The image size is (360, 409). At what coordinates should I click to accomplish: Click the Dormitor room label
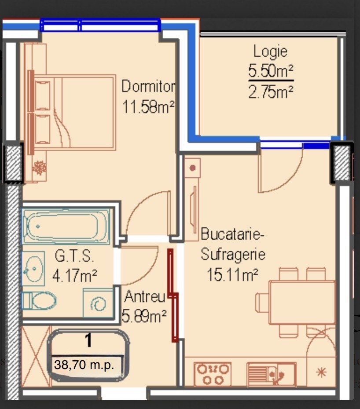[x=148, y=86]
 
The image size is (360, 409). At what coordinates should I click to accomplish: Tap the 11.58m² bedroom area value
[x=148, y=106]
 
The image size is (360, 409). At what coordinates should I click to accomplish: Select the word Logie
[x=271, y=51]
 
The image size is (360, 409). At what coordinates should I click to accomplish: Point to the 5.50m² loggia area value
[x=271, y=71]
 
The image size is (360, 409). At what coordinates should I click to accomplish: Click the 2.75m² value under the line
[x=271, y=92]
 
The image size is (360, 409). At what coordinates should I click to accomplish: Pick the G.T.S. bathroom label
[x=74, y=256]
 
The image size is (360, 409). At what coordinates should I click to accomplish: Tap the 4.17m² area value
[x=75, y=276]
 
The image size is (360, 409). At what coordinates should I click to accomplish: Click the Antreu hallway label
[x=145, y=296]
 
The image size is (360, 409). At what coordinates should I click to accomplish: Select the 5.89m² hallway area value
[x=144, y=316]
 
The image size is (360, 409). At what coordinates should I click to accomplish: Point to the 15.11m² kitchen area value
[x=232, y=274]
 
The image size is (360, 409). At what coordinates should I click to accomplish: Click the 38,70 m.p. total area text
[x=84, y=365]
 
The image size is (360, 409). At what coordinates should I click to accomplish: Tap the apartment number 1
[x=89, y=340]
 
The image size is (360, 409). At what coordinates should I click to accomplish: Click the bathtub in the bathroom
[x=66, y=226]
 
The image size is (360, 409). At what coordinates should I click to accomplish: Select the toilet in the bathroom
[x=39, y=300]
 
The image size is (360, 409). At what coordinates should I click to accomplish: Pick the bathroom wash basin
[x=33, y=268]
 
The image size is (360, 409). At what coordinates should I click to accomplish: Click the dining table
[x=302, y=302]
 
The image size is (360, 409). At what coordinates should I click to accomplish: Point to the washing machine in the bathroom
[x=98, y=303]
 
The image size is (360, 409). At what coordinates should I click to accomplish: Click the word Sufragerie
[x=233, y=254]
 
